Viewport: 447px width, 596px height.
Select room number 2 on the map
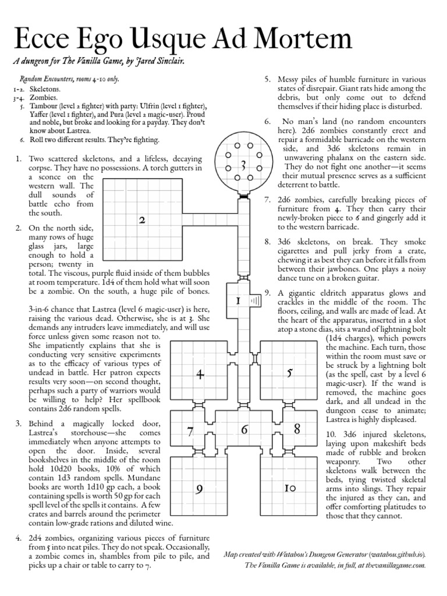tap(141, 220)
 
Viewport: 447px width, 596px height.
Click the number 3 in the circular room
tap(243, 166)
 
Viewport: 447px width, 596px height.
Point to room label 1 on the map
tap(238, 301)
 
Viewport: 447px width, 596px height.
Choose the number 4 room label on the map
tap(200, 375)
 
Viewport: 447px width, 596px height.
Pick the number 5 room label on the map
tap(289, 373)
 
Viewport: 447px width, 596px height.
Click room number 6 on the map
tap(244, 430)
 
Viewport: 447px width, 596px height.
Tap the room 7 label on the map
tap(190, 432)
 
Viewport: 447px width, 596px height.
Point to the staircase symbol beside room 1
tap(254, 300)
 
